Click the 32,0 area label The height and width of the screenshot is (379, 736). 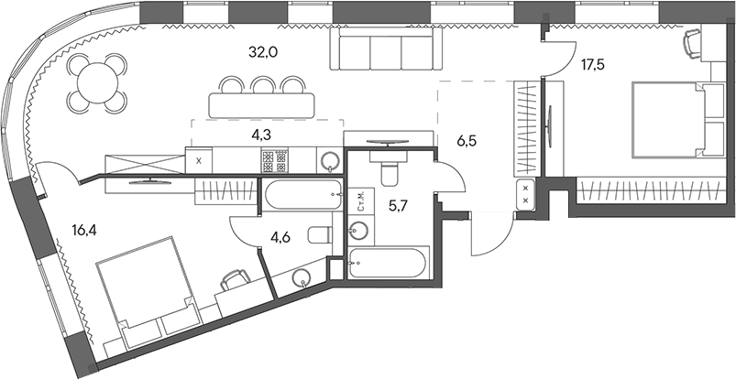(263, 52)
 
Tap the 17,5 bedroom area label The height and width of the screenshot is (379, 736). (593, 65)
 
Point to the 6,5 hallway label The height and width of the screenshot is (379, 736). (466, 140)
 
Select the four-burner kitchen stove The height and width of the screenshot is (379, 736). (274, 161)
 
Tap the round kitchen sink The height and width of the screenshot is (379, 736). (331, 162)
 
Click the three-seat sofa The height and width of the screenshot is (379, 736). (386, 49)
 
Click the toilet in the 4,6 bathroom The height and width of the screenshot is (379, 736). (319, 234)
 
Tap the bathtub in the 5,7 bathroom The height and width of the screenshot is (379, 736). (388, 263)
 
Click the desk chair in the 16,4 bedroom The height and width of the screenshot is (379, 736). (235, 280)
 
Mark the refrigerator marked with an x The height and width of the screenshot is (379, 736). (199, 161)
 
